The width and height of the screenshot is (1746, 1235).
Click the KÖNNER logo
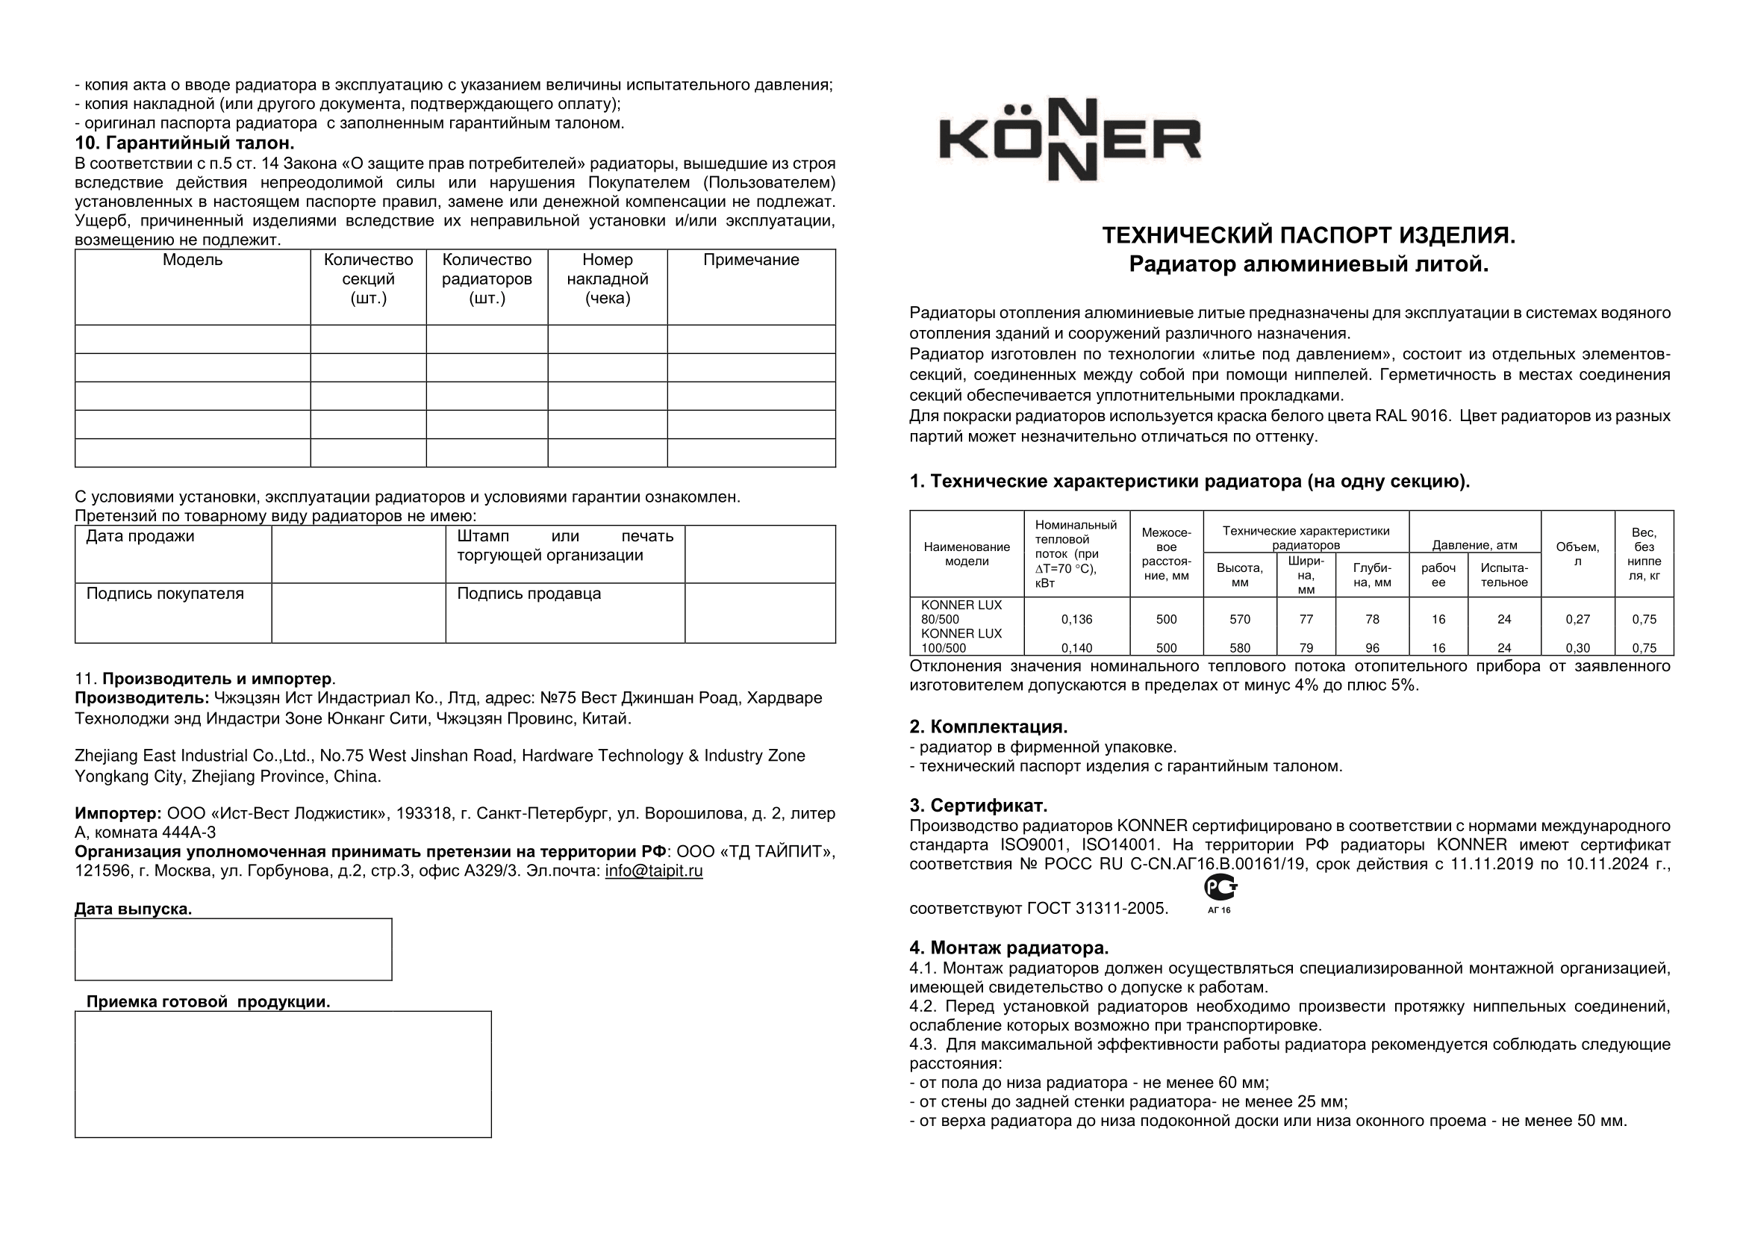click(1070, 140)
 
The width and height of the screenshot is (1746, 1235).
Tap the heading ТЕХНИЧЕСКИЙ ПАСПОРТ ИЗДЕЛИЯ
click(1308, 236)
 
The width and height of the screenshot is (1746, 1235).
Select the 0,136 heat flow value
click(1076, 619)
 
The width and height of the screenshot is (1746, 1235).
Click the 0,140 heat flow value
click(1076, 648)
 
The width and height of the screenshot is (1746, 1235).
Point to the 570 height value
click(1240, 619)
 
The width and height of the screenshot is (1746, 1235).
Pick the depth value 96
click(1372, 648)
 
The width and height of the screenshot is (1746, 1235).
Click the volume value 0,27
click(1577, 619)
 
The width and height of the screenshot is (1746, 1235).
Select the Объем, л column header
click(1577, 553)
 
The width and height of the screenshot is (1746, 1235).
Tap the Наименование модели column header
click(967, 553)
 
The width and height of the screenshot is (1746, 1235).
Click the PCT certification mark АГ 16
click(1219, 893)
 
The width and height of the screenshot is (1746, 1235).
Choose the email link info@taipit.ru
click(653, 871)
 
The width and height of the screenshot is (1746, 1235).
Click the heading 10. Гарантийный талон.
click(184, 143)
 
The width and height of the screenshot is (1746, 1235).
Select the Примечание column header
click(750, 260)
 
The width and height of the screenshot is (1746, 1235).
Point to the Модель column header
click(193, 260)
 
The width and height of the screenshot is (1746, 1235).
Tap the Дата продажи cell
click(140, 536)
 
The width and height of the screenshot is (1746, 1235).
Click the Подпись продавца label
click(529, 593)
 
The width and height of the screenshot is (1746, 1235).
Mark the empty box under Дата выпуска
click(233, 949)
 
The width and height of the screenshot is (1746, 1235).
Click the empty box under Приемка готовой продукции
click(283, 1074)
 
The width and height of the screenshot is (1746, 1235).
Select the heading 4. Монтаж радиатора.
click(1008, 948)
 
